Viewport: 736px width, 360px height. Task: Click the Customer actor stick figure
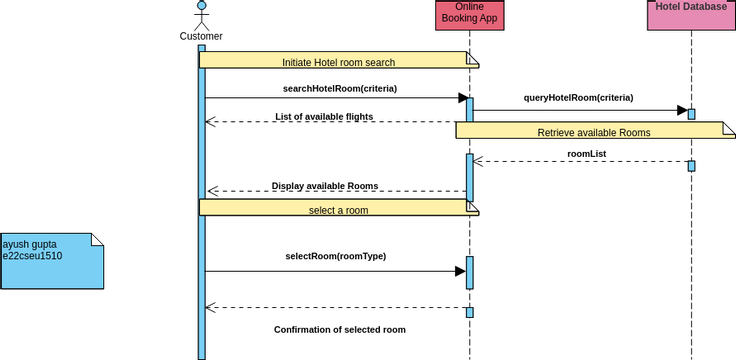click(201, 14)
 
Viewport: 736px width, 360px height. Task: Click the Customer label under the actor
click(201, 37)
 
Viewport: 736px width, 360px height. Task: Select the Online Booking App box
click(469, 14)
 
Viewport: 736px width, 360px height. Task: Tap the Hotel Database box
click(691, 8)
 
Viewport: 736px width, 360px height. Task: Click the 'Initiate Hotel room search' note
click(339, 61)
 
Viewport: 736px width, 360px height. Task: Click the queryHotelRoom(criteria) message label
click(578, 98)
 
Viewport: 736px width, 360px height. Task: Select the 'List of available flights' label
click(324, 116)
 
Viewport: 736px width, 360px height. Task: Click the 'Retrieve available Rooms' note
click(594, 131)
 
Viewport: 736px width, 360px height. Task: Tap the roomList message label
click(586, 153)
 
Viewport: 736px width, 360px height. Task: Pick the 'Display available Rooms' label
click(324, 185)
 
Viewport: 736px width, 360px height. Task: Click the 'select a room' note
click(339, 209)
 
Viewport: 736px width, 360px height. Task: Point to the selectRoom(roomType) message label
click(336, 256)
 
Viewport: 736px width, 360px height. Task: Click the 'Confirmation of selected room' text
click(340, 328)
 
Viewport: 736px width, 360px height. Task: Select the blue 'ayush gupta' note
click(51, 261)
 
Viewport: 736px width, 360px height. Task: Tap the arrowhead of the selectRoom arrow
click(460, 271)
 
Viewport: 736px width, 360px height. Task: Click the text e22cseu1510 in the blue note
click(33, 256)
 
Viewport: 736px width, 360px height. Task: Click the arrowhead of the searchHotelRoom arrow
click(464, 98)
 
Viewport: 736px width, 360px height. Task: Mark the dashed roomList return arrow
click(580, 162)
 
